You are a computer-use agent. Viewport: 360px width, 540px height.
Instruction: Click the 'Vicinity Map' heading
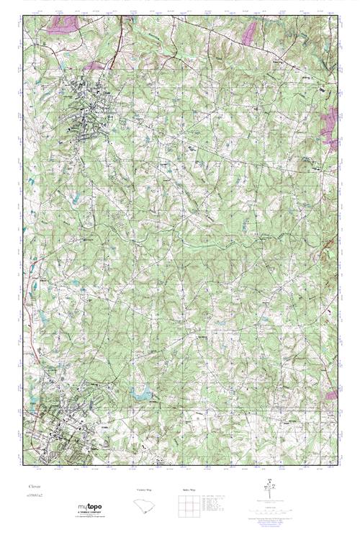[145, 490]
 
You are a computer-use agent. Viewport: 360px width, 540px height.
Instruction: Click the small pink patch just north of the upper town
[94, 66]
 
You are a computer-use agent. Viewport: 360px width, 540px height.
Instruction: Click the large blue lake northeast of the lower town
[141, 392]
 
